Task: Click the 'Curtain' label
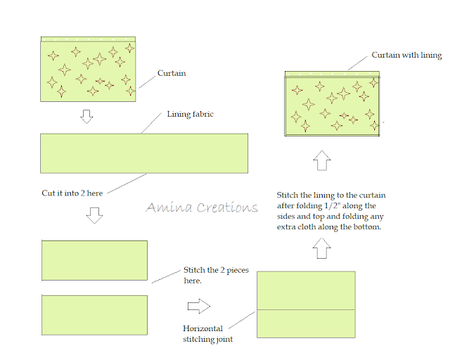click(x=171, y=73)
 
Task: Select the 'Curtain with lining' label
click(x=406, y=56)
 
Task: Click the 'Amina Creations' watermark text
click(x=202, y=207)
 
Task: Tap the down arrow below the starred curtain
click(x=86, y=116)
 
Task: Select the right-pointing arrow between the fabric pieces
click(x=200, y=307)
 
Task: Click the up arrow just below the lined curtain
click(x=321, y=161)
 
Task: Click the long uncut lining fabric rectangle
click(x=144, y=153)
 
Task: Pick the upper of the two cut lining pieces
click(x=94, y=261)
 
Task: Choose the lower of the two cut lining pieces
click(x=94, y=315)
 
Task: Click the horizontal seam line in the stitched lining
click(x=306, y=309)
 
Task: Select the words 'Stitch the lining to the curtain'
click(x=330, y=195)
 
